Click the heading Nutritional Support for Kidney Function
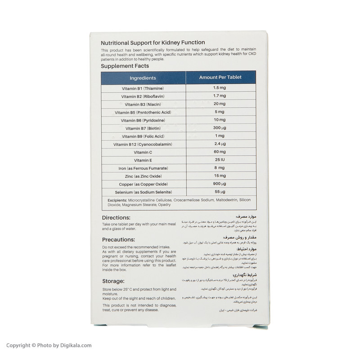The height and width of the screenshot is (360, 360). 153,43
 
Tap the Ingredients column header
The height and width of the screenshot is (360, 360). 143,78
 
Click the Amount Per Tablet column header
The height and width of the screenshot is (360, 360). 220,77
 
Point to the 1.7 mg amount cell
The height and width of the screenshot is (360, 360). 220,96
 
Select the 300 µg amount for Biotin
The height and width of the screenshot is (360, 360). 220,128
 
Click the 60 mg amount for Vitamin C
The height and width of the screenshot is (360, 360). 220,152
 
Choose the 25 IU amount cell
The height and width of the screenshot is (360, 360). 220,160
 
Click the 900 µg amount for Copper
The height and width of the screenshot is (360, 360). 220,184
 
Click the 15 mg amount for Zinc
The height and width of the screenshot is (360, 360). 220,176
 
